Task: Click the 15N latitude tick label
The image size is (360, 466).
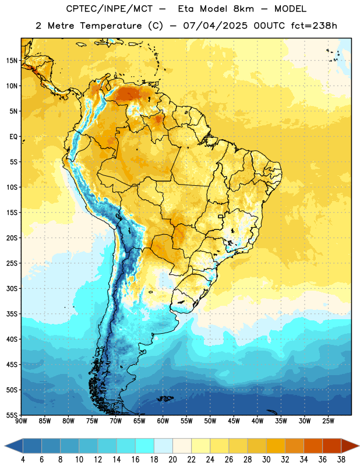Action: coord(12,61)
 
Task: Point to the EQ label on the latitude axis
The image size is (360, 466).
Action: coord(13,137)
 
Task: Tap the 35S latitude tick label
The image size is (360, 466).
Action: coord(12,314)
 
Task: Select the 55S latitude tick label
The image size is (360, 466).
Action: coord(12,415)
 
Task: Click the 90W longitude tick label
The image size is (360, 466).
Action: coord(21,421)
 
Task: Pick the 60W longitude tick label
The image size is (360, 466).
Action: coord(163,421)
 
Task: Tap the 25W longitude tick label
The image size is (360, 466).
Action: coord(328,421)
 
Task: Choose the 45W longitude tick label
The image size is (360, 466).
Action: coord(234,421)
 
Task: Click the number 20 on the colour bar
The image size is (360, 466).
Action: coord(172,460)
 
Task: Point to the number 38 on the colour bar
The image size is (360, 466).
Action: coord(341,460)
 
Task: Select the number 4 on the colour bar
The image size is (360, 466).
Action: coord(23,460)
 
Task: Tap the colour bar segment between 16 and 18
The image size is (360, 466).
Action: coord(144,446)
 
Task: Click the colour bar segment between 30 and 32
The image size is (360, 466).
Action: coord(276,446)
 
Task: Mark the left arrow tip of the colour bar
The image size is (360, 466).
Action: coord(5,446)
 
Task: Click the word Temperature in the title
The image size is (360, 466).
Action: coord(111,26)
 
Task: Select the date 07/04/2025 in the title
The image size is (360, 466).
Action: coord(215,26)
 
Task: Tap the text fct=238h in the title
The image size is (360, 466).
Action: coord(314,26)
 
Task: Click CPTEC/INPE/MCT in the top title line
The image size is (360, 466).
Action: coord(109,9)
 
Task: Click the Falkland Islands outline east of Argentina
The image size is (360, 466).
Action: coord(165,398)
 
